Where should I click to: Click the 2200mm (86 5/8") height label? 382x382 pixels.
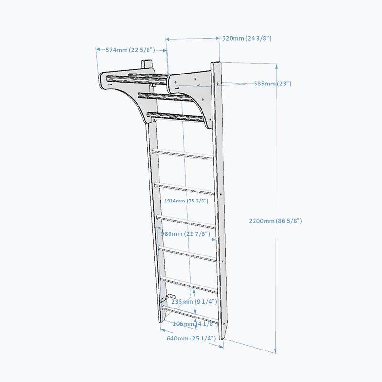pyautogui.click(x=276, y=221)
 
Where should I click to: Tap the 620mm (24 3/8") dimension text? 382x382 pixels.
pyautogui.click(x=247, y=38)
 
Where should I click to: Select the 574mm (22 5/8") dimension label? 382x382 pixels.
pyautogui.click(x=130, y=50)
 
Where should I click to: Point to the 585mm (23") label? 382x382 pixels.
pyautogui.click(x=273, y=84)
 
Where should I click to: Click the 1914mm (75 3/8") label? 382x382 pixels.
pyautogui.click(x=186, y=201)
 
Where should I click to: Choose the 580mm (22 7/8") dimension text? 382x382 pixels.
pyautogui.click(x=186, y=234)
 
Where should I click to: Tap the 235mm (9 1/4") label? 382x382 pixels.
pyautogui.click(x=194, y=302)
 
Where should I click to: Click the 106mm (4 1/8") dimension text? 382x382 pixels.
pyautogui.click(x=195, y=324)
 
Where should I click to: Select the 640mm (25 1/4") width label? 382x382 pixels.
pyautogui.click(x=191, y=339)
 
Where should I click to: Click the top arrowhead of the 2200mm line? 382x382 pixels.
pyautogui.click(x=276, y=66)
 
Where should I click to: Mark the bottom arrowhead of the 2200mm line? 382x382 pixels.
pyautogui.click(x=276, y=351)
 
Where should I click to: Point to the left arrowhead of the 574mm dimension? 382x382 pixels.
pyautogui.click(x=98, y=49)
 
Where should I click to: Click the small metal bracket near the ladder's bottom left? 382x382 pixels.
pyautogui.click(x=168, y=298)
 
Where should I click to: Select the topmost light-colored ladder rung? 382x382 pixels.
pyautogui.click(x=183, y=154)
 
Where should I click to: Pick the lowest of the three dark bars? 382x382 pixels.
pyautogui.click(x=175, y=117)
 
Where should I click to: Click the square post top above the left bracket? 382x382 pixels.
pyautogui.click(x=147, y=64)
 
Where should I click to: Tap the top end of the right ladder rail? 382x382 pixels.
pyautogui.click(x=216, y=64)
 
